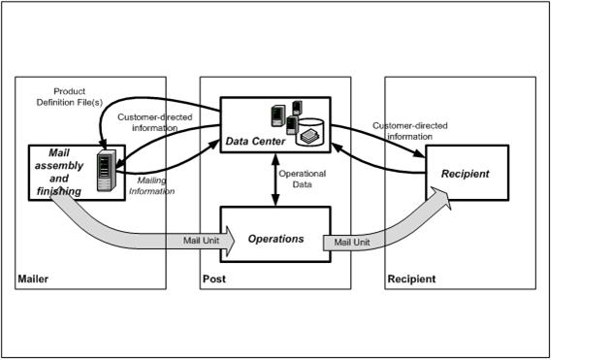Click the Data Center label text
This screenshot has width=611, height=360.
click(255, 142)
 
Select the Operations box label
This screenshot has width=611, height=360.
click(275, 239)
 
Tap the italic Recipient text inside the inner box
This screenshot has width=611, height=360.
click(465, 174)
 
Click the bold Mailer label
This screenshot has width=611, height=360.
click(33, 278)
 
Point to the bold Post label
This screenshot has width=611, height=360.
click(214, 278)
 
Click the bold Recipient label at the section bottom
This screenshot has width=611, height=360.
click(411, 278)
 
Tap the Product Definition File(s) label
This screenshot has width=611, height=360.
click(70, 97)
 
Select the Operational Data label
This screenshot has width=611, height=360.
click(302, 179)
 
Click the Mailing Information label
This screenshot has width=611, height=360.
click(151, 185)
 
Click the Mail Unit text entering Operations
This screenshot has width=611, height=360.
click(201, 241)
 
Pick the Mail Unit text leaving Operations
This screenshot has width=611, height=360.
click(352, 243)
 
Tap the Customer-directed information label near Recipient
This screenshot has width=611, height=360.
click(410, 131)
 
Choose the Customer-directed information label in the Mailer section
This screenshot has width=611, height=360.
click(155, 122)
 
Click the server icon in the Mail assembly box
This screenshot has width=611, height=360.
click(107, 171)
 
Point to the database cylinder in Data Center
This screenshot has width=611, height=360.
click(309, 132)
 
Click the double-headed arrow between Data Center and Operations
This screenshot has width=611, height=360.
click(275, 180)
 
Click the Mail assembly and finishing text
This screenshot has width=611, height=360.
click(59, 172)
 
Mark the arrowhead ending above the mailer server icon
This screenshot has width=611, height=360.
click(103, 146)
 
